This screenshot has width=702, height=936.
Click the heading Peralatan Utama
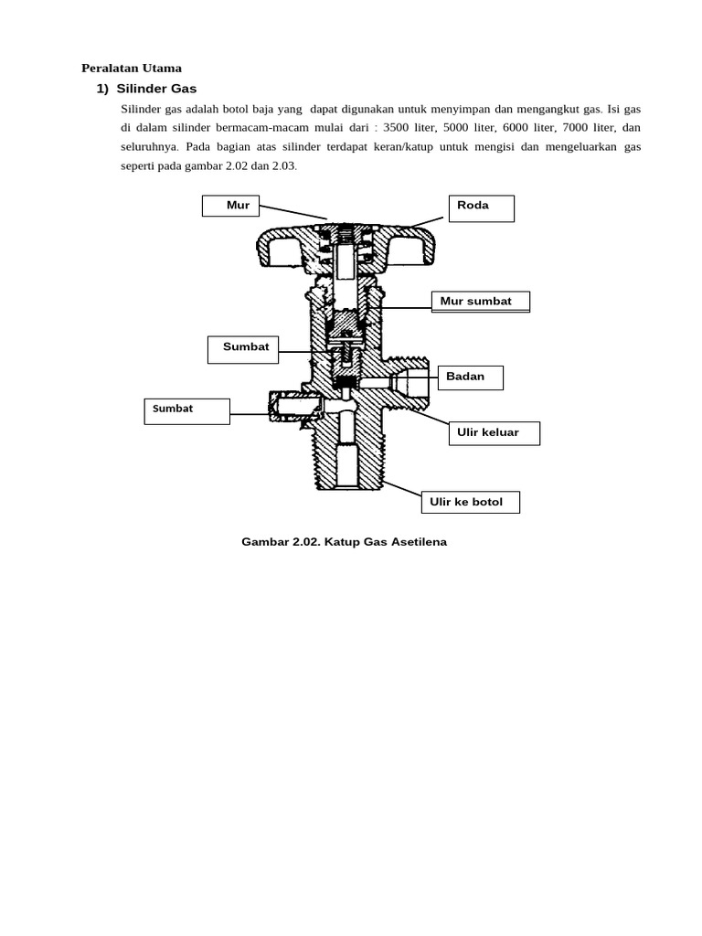coord(132,68)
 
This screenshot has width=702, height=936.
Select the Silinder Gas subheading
coord(156,89)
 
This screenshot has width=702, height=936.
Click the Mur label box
coord(230,206)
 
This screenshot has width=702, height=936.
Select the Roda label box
coord(481,207)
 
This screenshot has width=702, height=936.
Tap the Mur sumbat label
coord(480,302)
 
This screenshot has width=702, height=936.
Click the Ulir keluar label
coord(493,432)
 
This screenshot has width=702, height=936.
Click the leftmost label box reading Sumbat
coord(186,409)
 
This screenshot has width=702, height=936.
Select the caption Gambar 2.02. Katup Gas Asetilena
coord(344,542)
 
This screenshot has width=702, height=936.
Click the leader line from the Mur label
coord(292,212)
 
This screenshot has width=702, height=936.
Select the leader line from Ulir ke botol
coord(401,489)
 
